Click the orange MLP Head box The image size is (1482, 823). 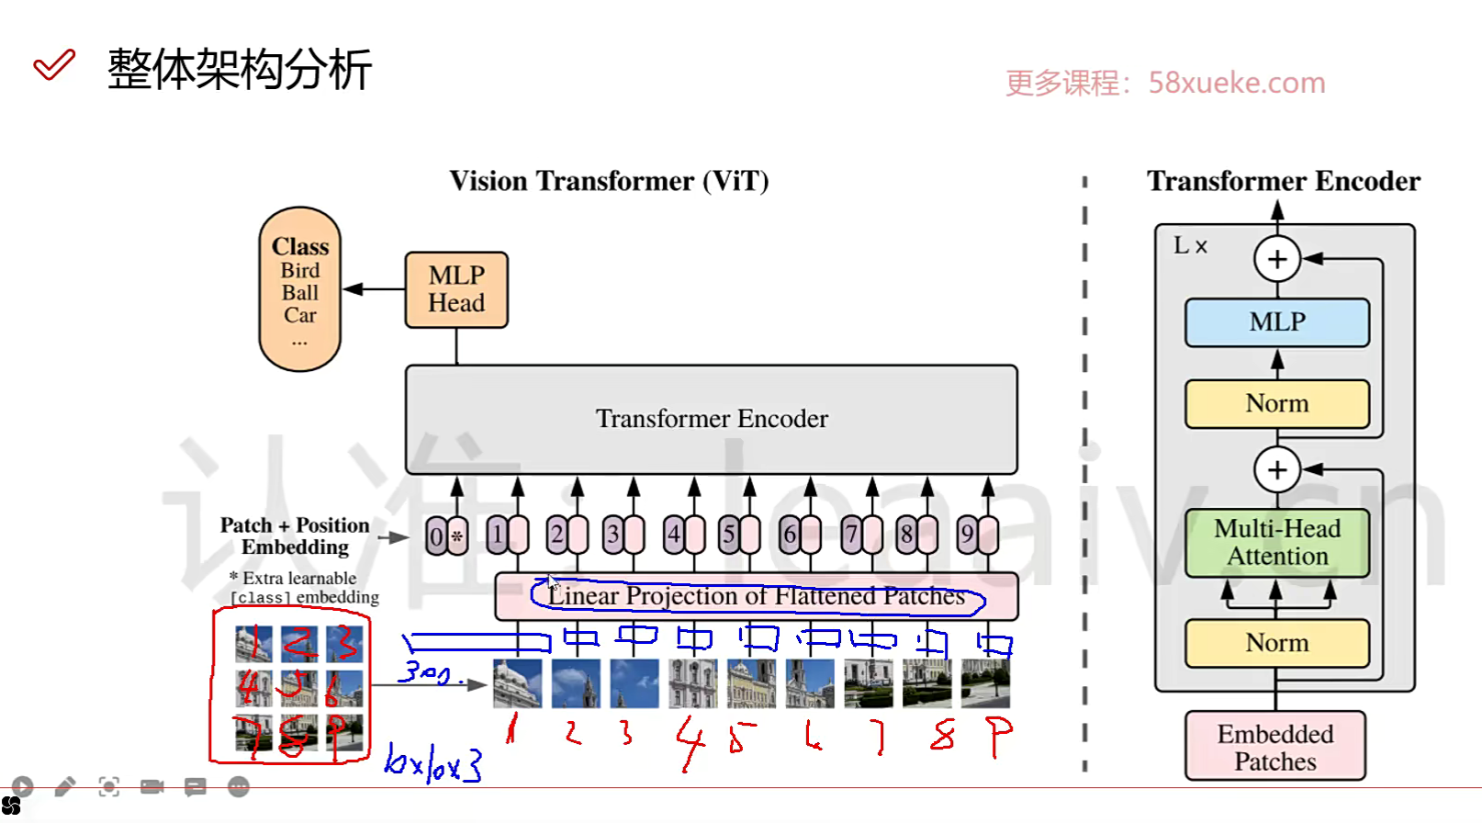point(456,289)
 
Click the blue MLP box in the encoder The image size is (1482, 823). point(1276,322)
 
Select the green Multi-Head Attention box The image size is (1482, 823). point(1276,543)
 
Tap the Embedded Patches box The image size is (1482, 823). point(1274,747)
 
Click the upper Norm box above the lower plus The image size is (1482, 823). point(1276,403)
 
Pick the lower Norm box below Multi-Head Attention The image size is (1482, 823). point(1276,643)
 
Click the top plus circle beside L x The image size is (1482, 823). point(1277,259)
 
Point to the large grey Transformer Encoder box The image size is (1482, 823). point(711,419)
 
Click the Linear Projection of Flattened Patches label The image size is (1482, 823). point(756,596)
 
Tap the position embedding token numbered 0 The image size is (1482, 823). point(437,536)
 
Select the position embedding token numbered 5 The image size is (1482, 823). point(729,535)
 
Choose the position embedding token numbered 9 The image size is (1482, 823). point(967,535)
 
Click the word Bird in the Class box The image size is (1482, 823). point(300,271)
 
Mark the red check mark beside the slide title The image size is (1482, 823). point(53,66)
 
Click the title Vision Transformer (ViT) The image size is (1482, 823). point(609,181)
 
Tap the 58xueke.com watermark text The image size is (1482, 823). point(1236,84)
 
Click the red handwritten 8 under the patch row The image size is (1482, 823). point(942,736)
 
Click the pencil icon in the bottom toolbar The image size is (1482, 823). point(65,787)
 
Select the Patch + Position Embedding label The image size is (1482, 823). point(295,536)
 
